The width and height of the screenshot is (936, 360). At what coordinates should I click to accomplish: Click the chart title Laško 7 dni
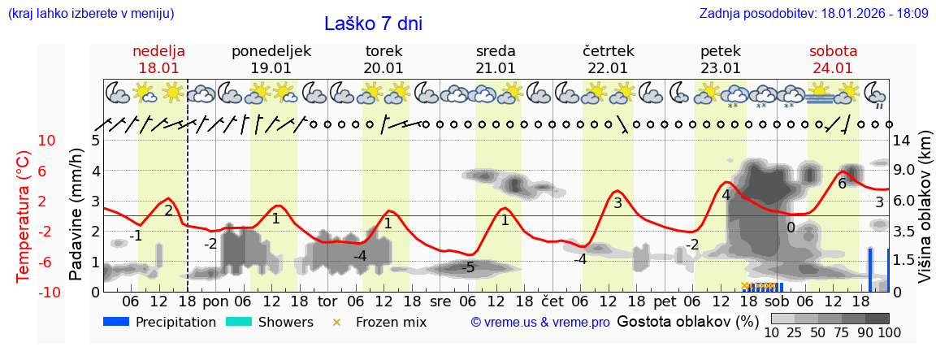[x=373, y=24]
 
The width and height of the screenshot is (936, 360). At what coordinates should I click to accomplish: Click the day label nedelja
[x=159, y=51]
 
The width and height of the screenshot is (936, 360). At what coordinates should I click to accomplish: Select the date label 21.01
[x=496, y=68]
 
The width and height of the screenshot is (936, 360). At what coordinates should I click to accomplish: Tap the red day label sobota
[x=833, y=51]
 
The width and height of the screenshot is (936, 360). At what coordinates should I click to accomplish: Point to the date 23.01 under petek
[x=721, y=68]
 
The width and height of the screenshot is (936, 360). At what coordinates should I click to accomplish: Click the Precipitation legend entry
[x=160, y=322]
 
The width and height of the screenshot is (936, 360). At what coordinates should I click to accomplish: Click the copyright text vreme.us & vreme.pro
[x=540, y=323]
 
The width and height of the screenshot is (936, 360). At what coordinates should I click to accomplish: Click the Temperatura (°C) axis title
[x=24, y=216]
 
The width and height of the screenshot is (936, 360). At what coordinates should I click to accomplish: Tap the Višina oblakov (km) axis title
[x=925, y=216]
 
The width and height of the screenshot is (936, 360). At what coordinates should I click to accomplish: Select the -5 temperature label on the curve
[x=468, y=267]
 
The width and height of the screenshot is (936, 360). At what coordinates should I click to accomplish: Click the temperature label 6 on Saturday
[x=843, y=184]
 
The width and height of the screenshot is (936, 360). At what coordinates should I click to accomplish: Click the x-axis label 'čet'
[x=552, y=301]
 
